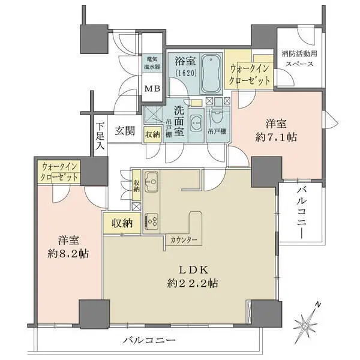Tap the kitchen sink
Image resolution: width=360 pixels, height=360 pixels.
[151, 179]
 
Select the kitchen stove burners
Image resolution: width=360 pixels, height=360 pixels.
[152, 221]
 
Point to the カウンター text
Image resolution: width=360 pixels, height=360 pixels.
[184, 239]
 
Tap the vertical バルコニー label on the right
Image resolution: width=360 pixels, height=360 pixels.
[300, 214]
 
